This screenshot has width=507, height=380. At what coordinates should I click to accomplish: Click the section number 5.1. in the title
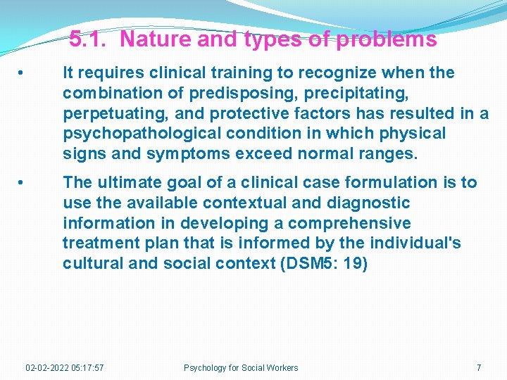[x=89, y=39]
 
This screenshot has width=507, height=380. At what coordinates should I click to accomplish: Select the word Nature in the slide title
[x=156, y=39]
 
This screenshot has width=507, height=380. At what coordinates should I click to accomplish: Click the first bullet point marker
[x=23, y=73]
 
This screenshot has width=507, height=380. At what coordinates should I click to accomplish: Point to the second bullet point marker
[x=23, y=183]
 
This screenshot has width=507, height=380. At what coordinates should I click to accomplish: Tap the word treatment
[x=99, y=243]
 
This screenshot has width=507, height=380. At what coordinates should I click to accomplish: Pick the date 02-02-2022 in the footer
[x=48, y=367]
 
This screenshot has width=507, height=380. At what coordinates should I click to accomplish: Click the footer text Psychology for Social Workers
[x=241, y=367]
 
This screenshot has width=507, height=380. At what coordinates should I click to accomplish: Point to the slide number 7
[x=479, y=367]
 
